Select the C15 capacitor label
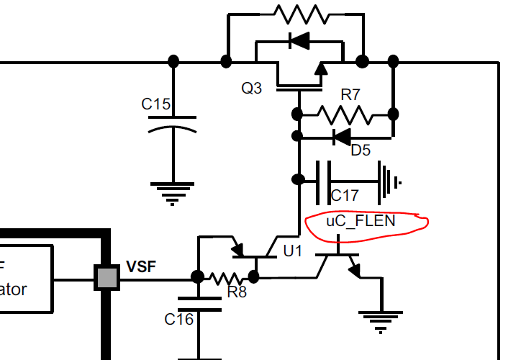tap(156, 104)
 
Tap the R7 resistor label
tap(350, 94)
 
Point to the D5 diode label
tap(361, 150)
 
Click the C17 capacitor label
tap(344, 195)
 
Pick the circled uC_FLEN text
tap(361, 221)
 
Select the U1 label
tap(293, 251)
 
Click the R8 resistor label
tap(237, 292)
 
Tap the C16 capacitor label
tap(179, 318)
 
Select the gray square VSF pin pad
tap(107, 277)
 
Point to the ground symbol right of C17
tap(389, 182)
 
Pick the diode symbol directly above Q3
tap(298, 41)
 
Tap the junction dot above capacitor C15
tap(173, 60)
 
